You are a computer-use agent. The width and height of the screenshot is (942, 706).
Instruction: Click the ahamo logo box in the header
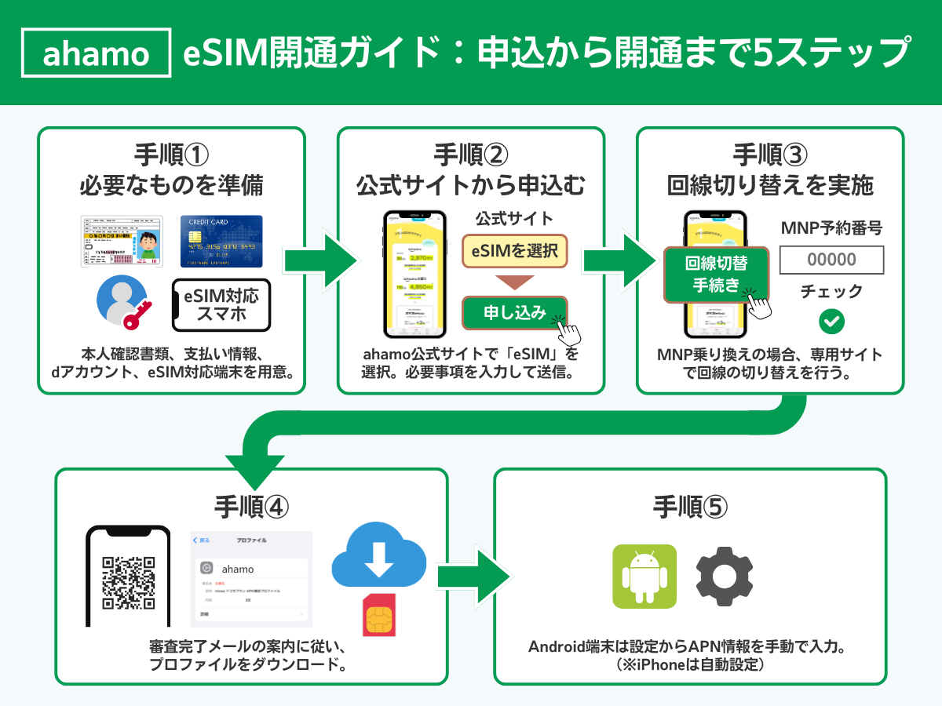[96, 53]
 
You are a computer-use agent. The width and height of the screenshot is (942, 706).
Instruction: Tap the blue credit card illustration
[221, 242]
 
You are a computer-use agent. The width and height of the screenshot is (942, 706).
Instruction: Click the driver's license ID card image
[122, 242]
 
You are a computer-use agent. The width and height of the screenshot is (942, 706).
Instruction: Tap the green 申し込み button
[515, 312]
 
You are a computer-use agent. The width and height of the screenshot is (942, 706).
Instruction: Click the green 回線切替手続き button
[716, 275]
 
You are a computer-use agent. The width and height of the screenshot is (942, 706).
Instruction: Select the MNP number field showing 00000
[831, 260]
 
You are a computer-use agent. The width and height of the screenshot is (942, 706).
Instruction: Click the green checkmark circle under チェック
[831, 321]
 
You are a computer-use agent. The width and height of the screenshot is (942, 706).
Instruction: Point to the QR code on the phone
[128, 583]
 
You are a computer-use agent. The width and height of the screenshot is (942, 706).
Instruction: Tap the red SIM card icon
[378, 615]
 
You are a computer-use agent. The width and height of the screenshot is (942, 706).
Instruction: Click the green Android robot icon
[644, 577]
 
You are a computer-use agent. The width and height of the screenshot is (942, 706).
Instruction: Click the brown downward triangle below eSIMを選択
[514, 282]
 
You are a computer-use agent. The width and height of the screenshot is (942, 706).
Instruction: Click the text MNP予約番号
[831, 228]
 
